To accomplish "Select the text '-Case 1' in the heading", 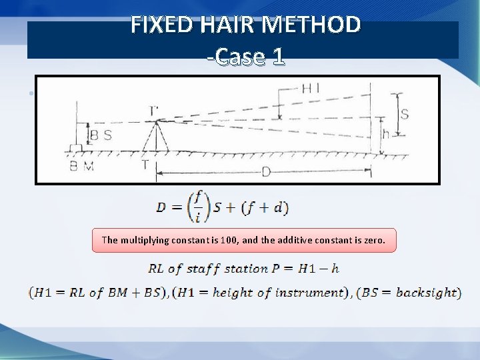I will point(245,57).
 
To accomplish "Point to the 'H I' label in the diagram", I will point(311,88).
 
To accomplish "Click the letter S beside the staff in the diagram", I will point(404,114).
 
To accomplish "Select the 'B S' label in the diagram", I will point(100,136).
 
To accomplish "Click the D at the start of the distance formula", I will point(161,207).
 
